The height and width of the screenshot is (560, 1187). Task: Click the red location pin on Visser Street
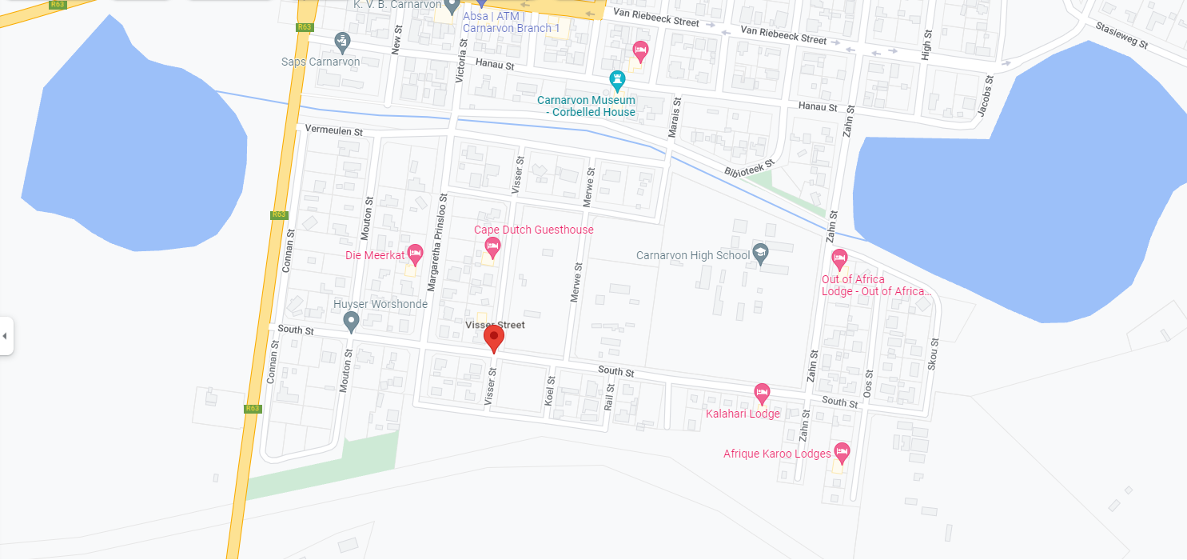pos(494,338)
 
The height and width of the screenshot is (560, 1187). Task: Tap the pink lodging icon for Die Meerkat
pos(415,254)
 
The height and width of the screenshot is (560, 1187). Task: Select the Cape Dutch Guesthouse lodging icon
pos(492,247)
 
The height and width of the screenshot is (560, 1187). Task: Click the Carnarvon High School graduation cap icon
pos(760,254)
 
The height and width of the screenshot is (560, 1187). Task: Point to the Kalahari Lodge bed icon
pos(762,393)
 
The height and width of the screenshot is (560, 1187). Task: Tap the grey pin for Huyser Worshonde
pos(350,322)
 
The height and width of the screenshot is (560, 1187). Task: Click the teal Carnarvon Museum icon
pos(617,80)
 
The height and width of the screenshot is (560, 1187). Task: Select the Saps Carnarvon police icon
pos(342,40)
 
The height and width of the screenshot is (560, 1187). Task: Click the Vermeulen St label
pos(334,130)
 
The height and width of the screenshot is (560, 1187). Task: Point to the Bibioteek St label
pos(750,167)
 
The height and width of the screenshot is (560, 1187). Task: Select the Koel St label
pos(550,390)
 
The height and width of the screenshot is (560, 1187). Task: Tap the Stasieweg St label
pos(1121,34)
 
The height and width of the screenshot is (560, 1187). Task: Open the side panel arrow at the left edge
pos(5,335)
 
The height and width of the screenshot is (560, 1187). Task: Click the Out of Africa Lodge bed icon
pos(838,258)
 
